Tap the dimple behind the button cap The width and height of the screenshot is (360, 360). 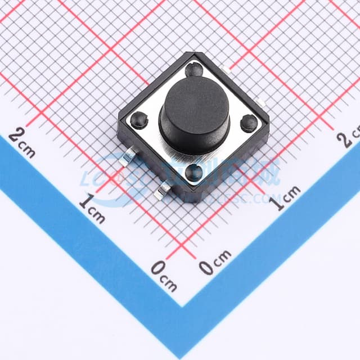tap(194, 70)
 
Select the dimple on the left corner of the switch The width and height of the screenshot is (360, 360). tap(138, 119)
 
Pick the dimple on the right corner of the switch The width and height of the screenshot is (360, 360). tap(249, 123)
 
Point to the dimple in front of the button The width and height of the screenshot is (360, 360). tap(194, 172)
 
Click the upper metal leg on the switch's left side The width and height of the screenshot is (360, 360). tap(127, 157)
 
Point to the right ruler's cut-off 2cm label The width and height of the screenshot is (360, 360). tap(349, 137)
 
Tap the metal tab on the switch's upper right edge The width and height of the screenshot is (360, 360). tap(225, 69)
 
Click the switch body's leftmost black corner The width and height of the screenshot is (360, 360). tap(120, 120)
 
